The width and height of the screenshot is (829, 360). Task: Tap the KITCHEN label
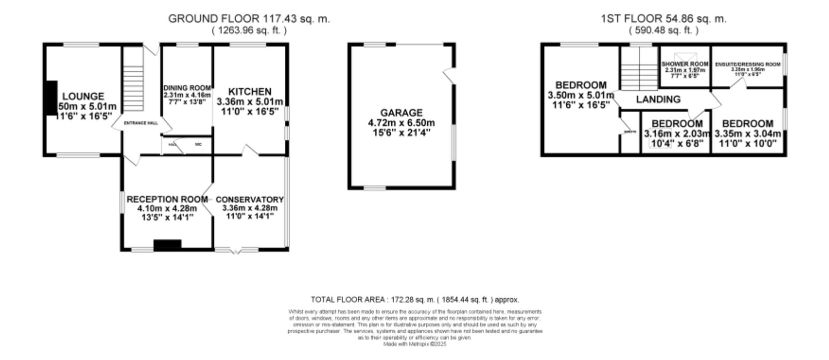click(250, 92)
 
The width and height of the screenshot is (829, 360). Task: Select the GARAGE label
click(401, 113)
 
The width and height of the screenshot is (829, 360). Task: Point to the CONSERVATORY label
click(250, 200)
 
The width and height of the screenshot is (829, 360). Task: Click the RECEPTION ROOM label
click(167, 199)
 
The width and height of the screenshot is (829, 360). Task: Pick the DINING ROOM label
click(187, 88)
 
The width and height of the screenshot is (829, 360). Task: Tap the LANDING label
click(658, 99)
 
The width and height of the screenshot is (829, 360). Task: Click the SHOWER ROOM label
click(685, 64)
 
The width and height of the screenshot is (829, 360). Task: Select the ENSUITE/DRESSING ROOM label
click(747, 65)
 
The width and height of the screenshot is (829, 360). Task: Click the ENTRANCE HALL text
click(141, 123)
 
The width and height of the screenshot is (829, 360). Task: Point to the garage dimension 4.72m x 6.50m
click(401, 123)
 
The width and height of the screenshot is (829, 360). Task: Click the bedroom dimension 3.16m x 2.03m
click(677, 134)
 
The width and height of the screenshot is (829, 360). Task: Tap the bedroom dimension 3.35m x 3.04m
click(747, 134)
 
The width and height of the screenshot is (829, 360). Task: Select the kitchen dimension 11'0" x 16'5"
click(250, 111)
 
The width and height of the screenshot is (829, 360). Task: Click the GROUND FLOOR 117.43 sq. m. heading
click(249, 19)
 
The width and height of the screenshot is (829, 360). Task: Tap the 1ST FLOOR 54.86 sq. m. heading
click(664, 19)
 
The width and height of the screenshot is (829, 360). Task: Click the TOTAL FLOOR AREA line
click(414, 300)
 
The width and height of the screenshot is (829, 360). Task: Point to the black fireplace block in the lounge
click(51, 101)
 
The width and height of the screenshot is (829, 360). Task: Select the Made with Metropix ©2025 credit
click(414, 344)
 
